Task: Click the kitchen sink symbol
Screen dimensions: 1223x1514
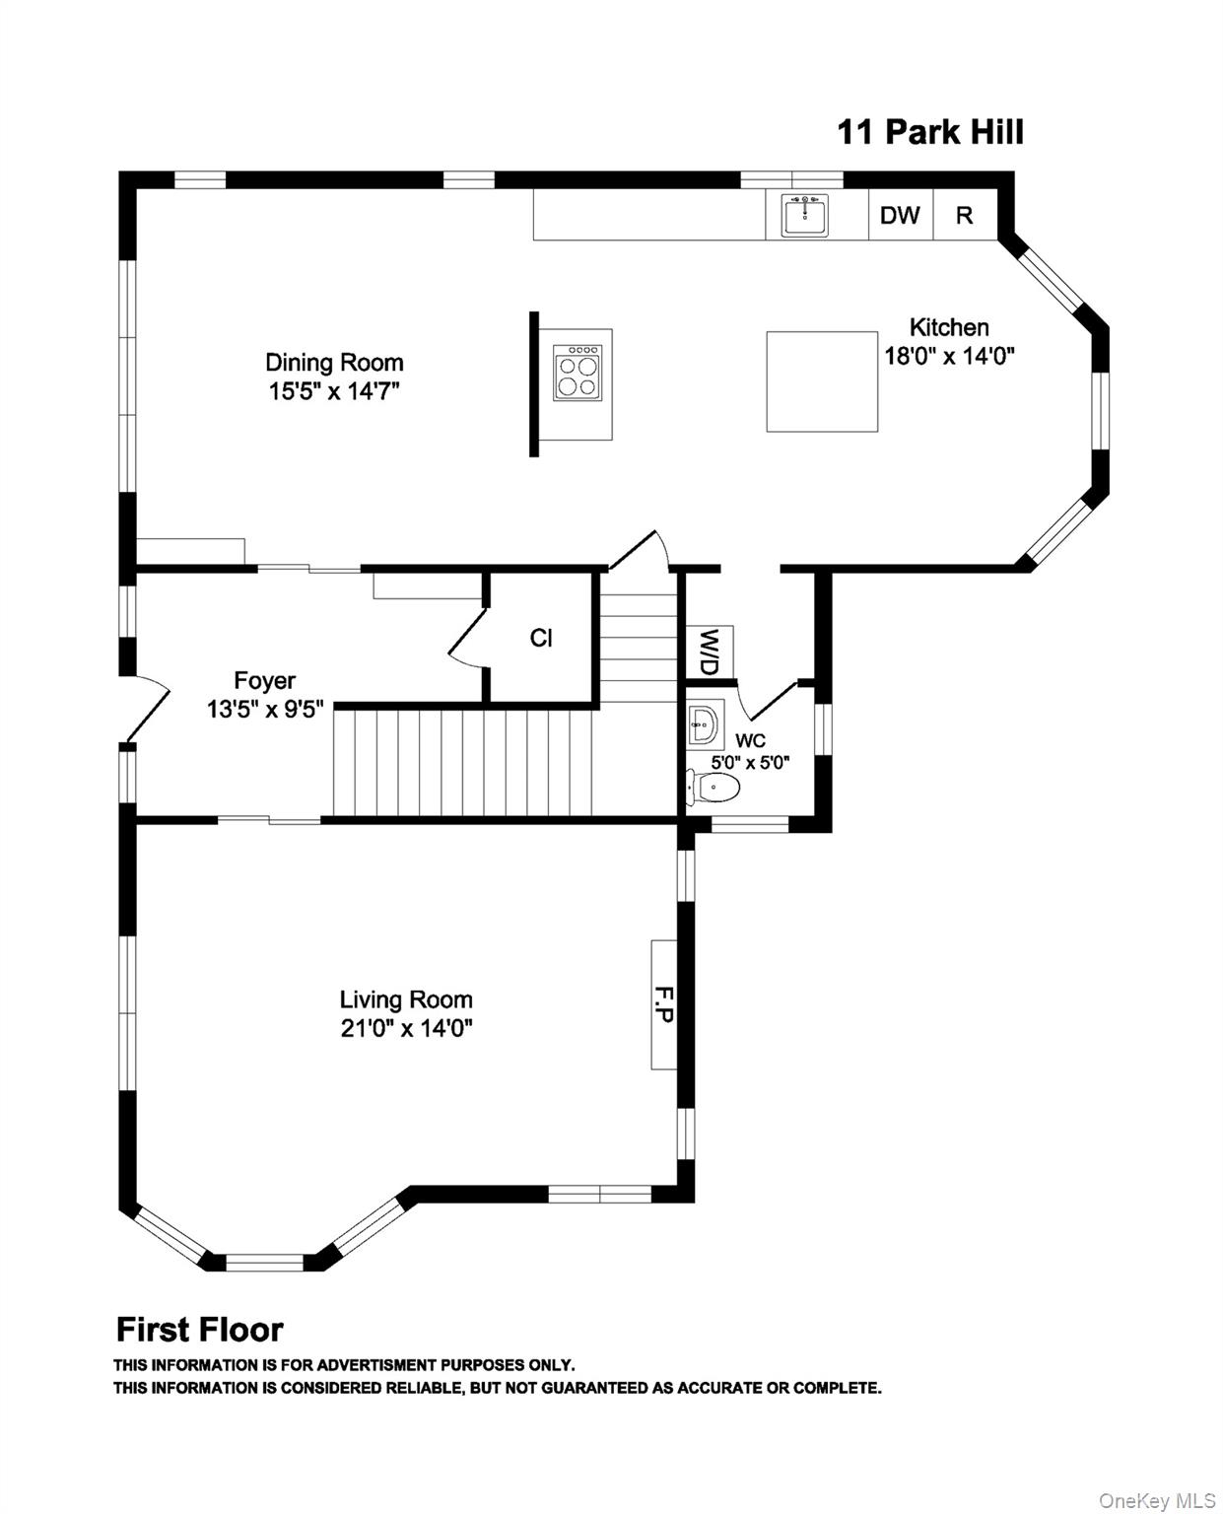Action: pyautogui.click(x=804, y=214)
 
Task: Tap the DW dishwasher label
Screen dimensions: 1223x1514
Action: pyautogui.click(x=899, y=215)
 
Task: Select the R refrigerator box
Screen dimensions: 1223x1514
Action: pyautogui.click(x=965, y=215)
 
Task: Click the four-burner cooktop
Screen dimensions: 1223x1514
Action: pyautogui.click(x=578, y=372)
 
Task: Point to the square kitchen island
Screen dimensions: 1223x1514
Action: pyautogui.click(x=822, y=381)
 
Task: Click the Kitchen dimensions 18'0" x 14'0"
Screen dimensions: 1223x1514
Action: pyautogui.click(x=949, y=355)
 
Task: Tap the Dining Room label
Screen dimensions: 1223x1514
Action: pyautogui.click(x=334, y=363)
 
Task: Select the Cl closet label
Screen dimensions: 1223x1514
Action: pyautogui.click(x=541, y=638)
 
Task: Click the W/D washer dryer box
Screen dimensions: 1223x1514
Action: pyautogui.click(x=709, y=652)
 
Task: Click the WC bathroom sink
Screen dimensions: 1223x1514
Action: pyautogui.click(x=706, y=723)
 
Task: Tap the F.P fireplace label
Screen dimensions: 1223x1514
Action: pyautogui.click(x=662, y=1003)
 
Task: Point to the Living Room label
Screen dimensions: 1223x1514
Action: pyautogui.click(x=406, y=999)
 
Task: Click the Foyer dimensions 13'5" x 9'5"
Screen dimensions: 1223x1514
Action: pyautogui.click(x=265, y=709)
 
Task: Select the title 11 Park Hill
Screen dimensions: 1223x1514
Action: pyautogui.click(x=930, y=132)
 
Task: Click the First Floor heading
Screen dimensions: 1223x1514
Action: pyautogui.click(x=200, y=1330)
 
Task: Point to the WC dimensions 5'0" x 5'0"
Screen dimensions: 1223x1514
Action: pyautogui.click(x=750, y=763)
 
